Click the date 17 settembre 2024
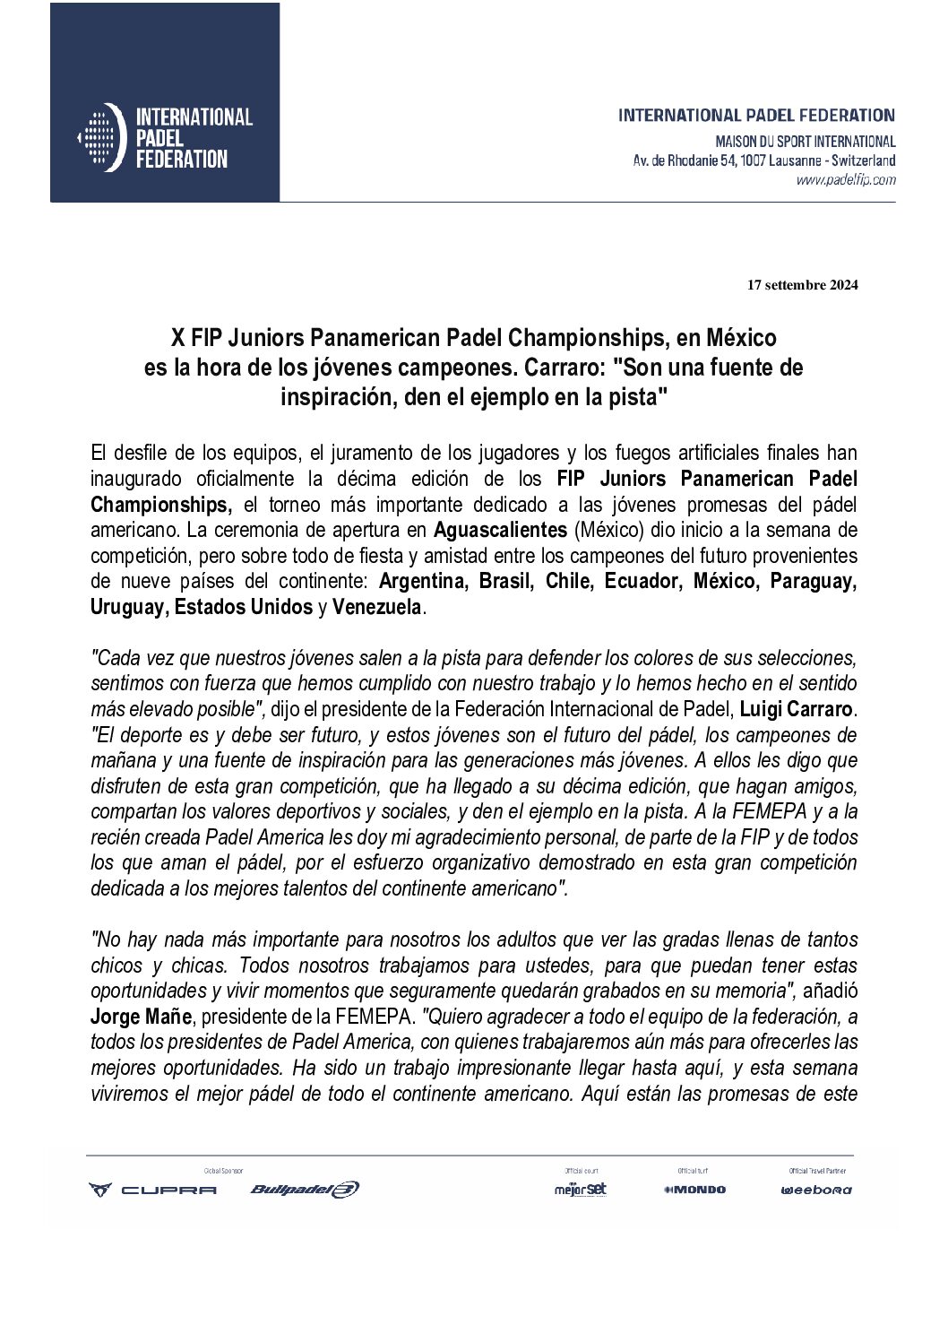[x=802, y=286]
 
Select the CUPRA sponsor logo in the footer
[x=152, y=1190]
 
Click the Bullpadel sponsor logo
[x=305, y=1190]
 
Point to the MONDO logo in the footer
[x=695, y=1190]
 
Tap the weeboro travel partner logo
[x=816, y=1190]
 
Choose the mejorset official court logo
[x=581, y=1190]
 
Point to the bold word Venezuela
[x=376, y=607]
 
